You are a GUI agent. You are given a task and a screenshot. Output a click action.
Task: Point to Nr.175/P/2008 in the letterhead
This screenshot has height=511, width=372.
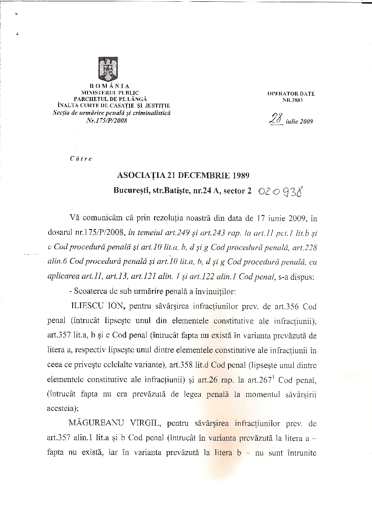pyautogui.click(x=107, y=120)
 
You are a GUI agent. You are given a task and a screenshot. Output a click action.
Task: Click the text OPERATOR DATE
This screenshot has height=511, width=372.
pyautogui.click(x=291, y=94)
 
